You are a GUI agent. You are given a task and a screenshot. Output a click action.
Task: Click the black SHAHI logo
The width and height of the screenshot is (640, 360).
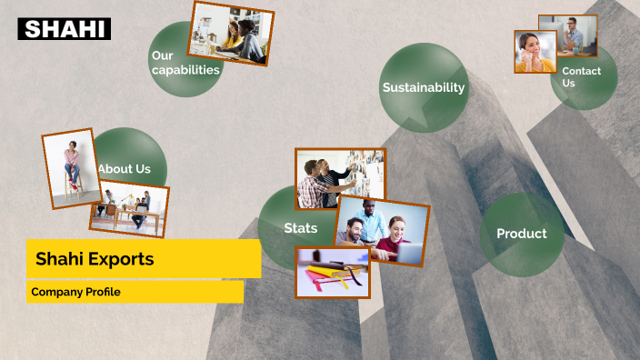[64, 29]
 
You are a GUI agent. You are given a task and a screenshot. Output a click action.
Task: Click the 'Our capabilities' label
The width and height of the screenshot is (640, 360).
[185, 63]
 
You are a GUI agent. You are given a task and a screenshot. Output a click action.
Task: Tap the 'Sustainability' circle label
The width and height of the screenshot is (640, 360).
[423, 88]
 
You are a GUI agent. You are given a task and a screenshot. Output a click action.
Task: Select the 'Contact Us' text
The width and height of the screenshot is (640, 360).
[581, 77]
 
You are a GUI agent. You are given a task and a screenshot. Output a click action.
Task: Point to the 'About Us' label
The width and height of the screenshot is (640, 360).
[125, 169]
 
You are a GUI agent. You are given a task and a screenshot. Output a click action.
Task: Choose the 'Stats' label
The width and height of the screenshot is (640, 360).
[300, 228]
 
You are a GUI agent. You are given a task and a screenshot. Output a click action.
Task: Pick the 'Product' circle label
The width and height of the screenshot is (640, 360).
[521, 234]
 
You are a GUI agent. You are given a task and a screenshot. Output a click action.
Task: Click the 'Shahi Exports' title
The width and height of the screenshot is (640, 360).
[95, 259]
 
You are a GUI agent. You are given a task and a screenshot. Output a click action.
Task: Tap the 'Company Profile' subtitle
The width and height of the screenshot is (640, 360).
[75, 292]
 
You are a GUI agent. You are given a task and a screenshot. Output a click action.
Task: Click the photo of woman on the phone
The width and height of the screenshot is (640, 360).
[535, 52]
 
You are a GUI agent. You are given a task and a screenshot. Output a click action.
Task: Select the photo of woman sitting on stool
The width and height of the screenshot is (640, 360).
[71, 165]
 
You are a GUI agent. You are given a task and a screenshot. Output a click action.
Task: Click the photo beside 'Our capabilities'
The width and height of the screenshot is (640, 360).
[231, 34]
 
